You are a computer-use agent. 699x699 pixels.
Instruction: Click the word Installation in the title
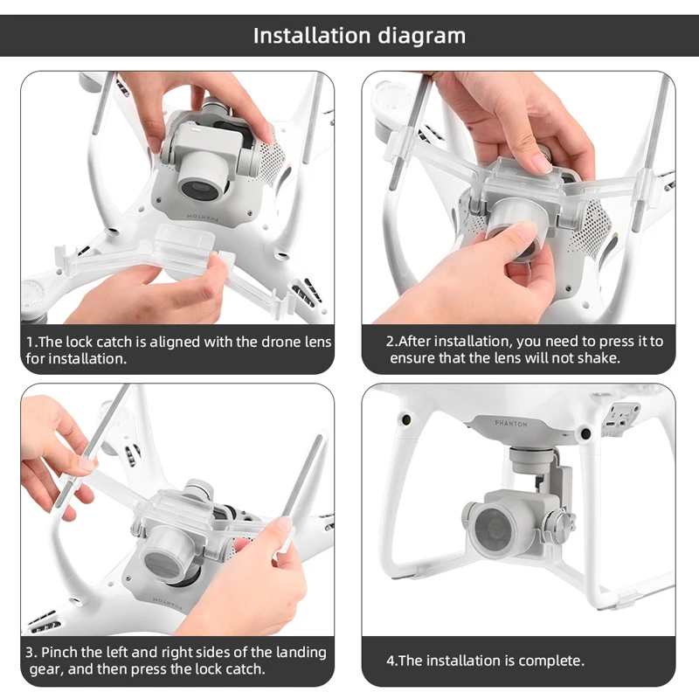(x=309, y=36)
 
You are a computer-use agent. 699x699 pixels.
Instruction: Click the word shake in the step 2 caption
(x=599, y=358)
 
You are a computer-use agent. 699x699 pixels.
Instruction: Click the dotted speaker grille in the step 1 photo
(x=273, y=163)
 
